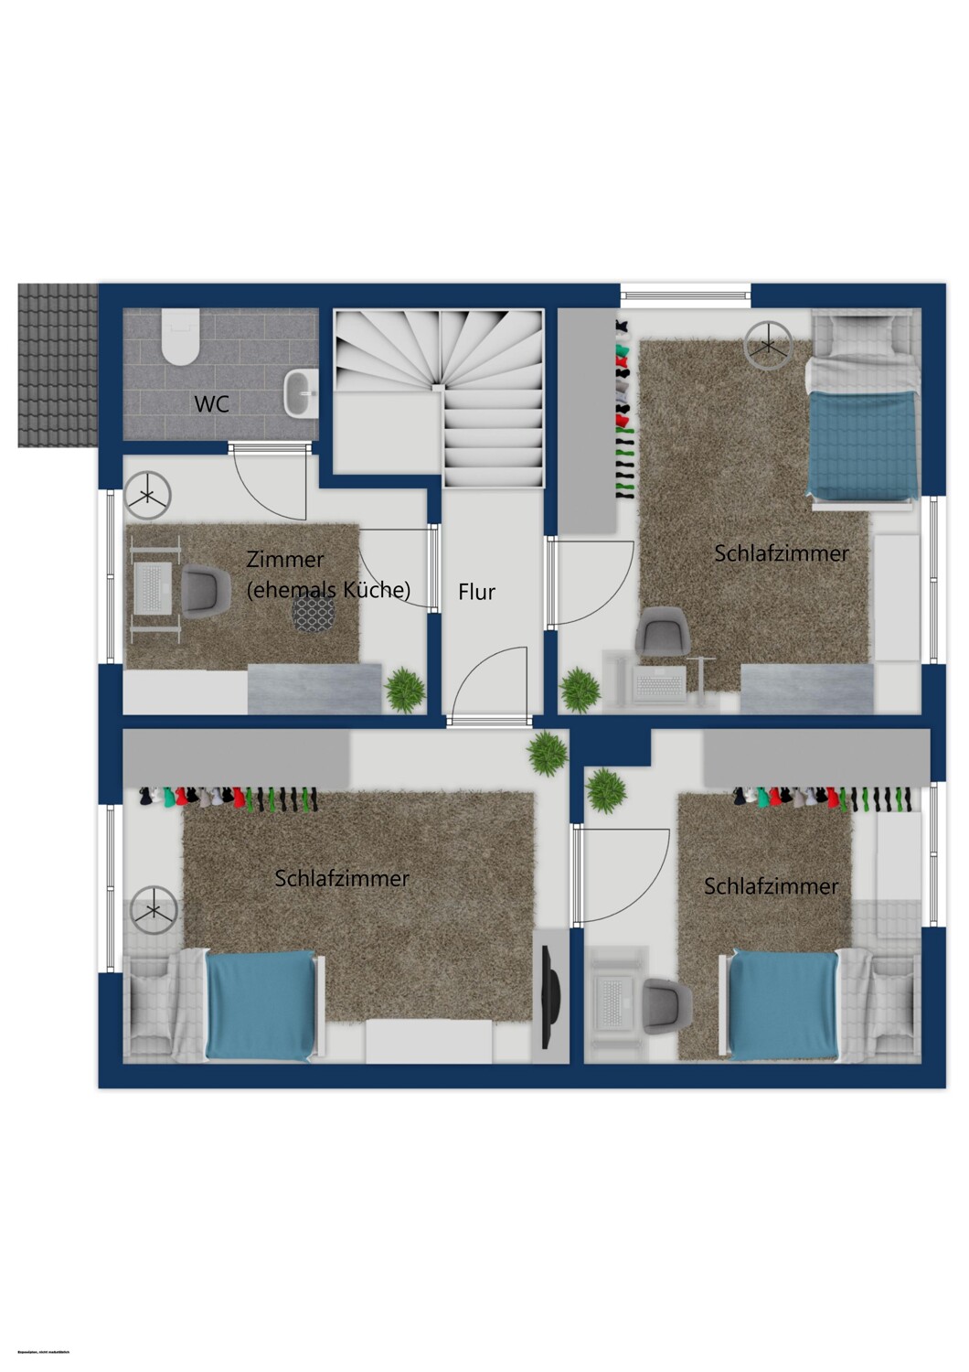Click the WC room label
tap(211, 404)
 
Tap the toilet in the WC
tap(178, 337)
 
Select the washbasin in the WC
tap(300, 394)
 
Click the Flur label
tap(476, 592)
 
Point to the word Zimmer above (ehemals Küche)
tap(285, 560)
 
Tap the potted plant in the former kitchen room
tap(406, 690)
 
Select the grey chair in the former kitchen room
tap(206, 589)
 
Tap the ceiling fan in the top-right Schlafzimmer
tap(768, 346)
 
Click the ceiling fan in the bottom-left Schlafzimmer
tap(154, 908)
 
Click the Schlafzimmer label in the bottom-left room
tap(342, 878)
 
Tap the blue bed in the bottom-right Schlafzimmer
tap(783, 1005)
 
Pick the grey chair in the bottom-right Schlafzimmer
tap(666, 1004)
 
